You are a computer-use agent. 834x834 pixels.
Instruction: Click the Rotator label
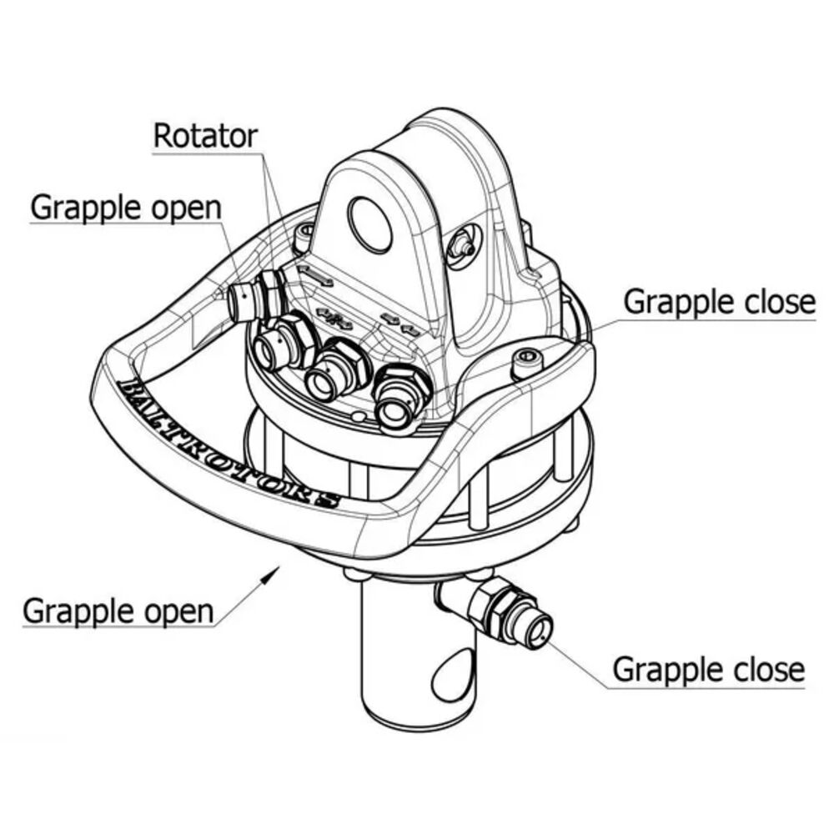205,136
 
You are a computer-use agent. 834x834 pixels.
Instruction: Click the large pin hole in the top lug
371,224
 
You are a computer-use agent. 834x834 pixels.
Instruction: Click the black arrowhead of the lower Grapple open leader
271,574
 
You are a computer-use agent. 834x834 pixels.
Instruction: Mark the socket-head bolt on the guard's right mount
525,363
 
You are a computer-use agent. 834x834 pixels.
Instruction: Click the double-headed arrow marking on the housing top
315,275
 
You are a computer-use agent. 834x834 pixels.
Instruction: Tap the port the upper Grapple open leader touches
243,302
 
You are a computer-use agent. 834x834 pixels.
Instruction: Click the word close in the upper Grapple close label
777,302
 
